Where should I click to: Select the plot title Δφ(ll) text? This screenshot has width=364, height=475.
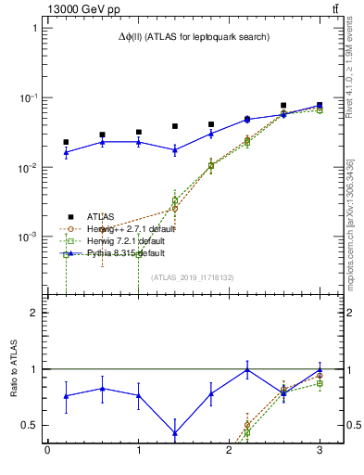[194, 37]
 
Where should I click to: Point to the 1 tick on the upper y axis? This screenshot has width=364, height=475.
[34, 28]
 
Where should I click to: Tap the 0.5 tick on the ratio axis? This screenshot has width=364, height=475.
[29, 425]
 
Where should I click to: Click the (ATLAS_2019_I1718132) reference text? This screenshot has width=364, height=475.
[194, 277]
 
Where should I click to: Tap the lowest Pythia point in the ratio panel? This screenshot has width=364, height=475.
[175, 432]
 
